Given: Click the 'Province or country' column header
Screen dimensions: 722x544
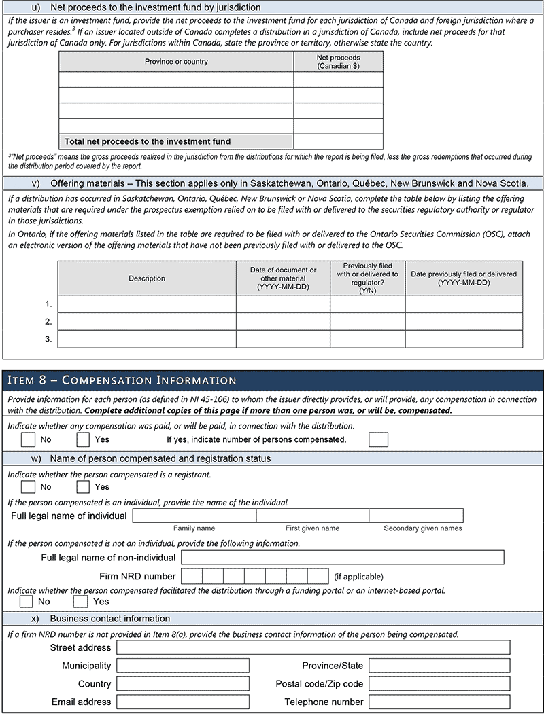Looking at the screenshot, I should click(176, 62).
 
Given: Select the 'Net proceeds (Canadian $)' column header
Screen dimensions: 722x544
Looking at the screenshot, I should click(338, 62).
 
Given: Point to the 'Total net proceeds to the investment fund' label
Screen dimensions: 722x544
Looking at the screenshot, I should click(148, 141).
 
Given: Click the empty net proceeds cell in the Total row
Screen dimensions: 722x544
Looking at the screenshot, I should click(338, 141).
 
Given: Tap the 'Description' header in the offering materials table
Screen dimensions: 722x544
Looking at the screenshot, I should click(147, 278).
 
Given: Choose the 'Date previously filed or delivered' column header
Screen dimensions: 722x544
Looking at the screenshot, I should click(464, 278).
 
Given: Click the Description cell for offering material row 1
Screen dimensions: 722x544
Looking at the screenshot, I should click(147, 304).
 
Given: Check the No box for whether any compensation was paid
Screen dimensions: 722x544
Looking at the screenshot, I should click(28, 439).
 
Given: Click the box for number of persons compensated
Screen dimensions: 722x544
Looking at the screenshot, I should click(378, 439).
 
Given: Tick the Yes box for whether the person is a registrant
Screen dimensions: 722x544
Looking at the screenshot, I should click(83, 486).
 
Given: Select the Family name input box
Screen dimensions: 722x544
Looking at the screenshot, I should click(194, 516).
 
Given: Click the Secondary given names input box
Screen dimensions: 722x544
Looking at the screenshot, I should click(415, 516).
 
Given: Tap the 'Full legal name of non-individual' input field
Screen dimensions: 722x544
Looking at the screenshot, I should click(343, 558).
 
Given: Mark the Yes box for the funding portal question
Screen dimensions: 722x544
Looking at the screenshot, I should click(81, 601).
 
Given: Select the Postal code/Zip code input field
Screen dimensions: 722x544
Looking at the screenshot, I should click(439, 683).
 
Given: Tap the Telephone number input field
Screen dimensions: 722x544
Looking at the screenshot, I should click(439, 701).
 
